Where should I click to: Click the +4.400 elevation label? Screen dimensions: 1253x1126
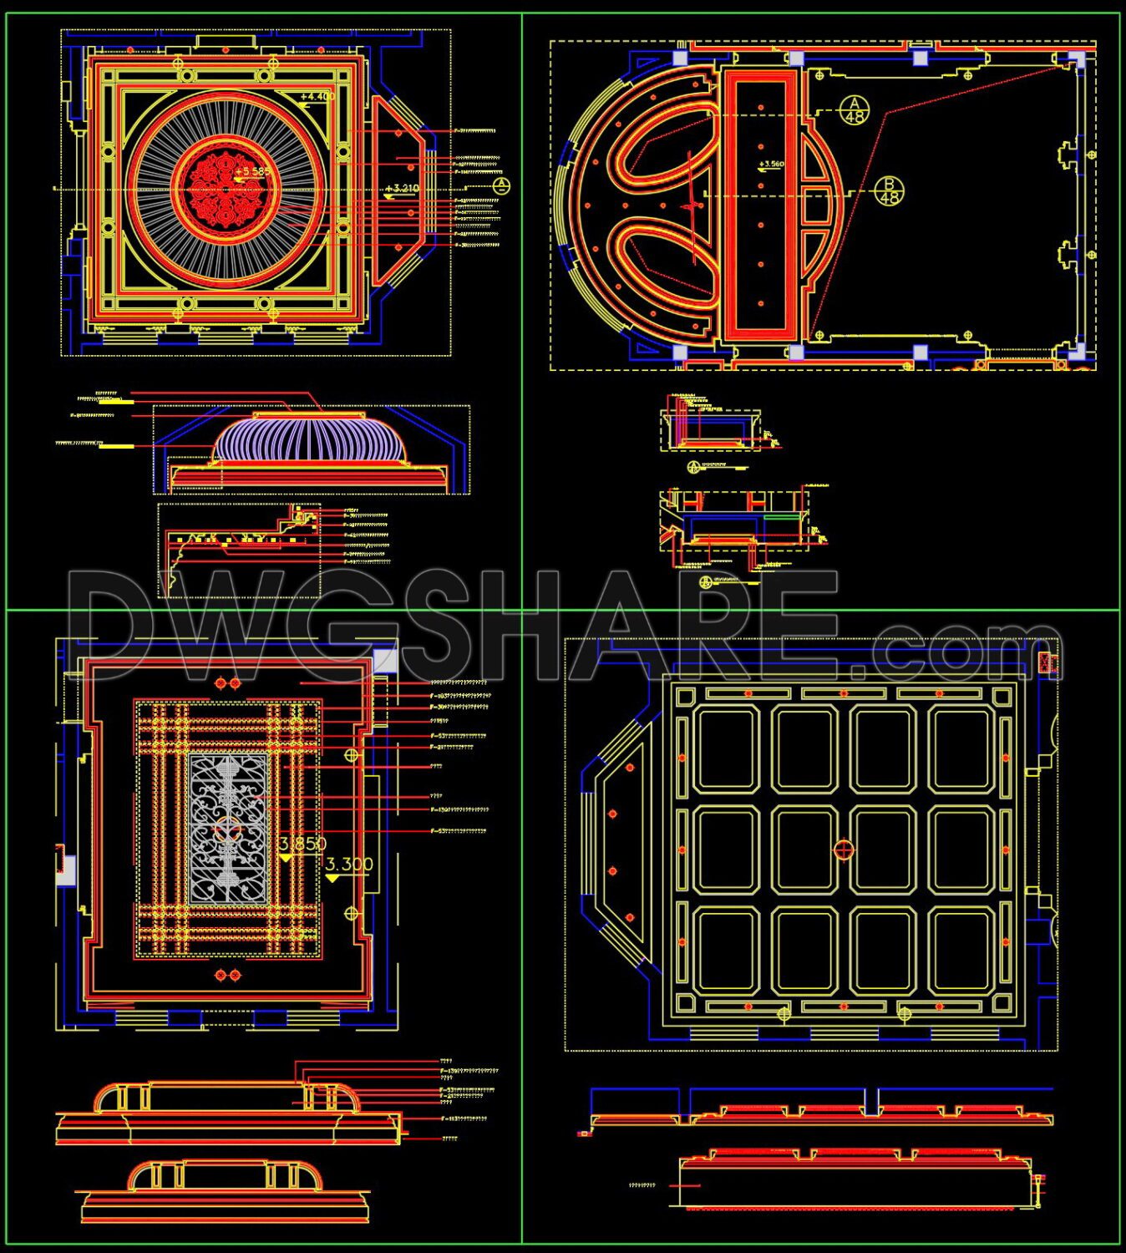pyautogui.click(x=317, y=97)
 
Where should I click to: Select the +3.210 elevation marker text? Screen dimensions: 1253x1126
pyautogui.click(x=403, y=189)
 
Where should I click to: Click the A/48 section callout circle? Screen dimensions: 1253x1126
pyautogui.click(x=854, y=109)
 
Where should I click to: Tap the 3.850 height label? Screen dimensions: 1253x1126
pyautogui.click(x=302, y=844)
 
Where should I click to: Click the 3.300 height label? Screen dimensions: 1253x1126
pyautogui.click(x=349, y=865)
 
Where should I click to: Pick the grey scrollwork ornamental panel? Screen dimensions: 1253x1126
pyautogui.click(x=228, y=829)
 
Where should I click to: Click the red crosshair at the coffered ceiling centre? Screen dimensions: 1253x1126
pyautogui.click(x=844, y=850)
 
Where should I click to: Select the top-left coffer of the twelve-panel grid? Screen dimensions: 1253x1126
pyautogui.click(x=727, y=748)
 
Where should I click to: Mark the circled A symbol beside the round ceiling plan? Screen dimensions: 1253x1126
pyautogui.click(x=500, y=185)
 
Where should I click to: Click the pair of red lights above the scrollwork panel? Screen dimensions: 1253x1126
pyautogui.click(x=227, y=683)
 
